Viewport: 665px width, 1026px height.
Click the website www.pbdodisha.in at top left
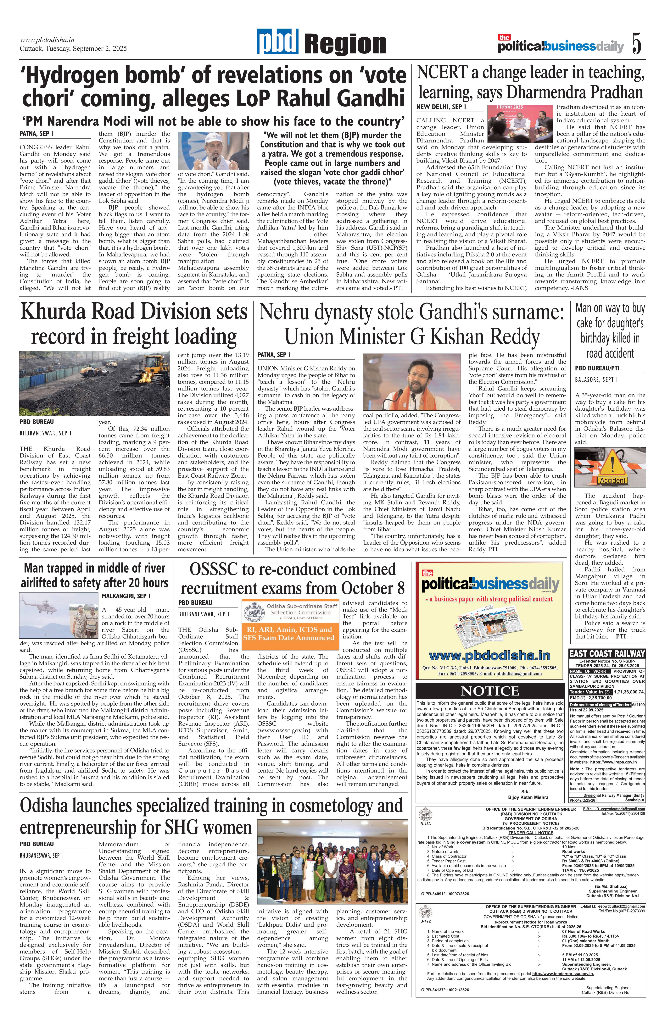coord(47,40)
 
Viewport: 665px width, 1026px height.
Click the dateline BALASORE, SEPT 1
coord(596,379)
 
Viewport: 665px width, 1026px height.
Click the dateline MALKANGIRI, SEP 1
coord(126,596)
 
